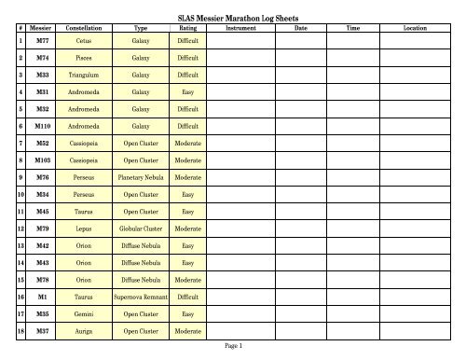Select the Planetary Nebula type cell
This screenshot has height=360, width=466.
[x=141, y=176]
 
